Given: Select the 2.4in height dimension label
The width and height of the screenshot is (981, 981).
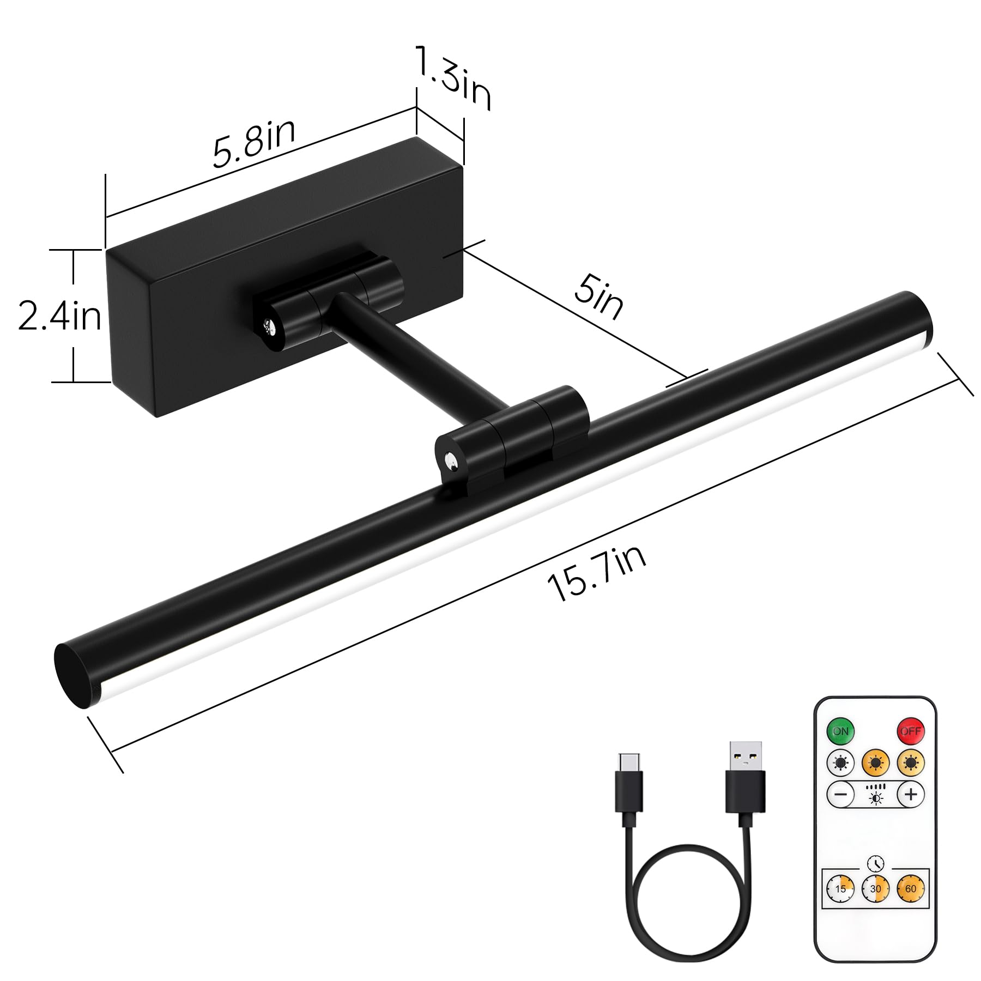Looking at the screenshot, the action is tap(59, 316).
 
